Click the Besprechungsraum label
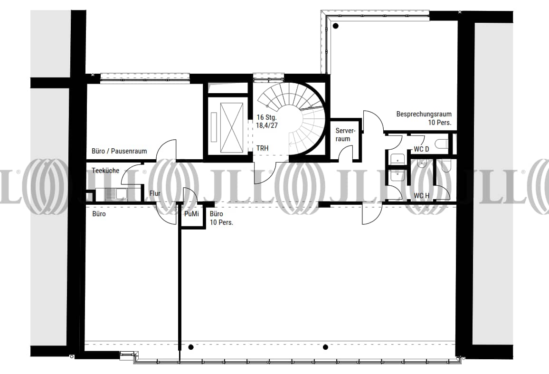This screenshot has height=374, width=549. click(424, 114)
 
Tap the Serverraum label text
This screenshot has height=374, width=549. click(345, 134)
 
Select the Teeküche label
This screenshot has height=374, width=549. click(105, 171)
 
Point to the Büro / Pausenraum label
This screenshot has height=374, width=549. click(119, 151)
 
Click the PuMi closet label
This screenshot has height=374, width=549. click(191, 213)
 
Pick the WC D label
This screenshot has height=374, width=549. click(421, 149)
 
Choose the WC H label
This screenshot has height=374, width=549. click(421, 196)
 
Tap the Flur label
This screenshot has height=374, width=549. click(155, 193)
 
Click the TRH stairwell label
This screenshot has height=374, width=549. click(262, 148)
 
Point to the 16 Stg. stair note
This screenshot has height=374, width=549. click(266, 117)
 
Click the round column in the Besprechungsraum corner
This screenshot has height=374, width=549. click(335, 26)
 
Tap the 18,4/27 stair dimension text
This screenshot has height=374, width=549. click(267, 125)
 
